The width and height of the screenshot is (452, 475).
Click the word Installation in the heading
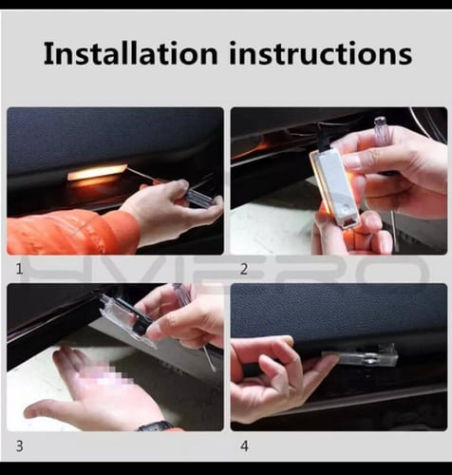(x=130, y=53)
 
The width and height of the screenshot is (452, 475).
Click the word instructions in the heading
(x=321, y=53)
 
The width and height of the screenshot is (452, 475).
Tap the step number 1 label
(x=19, y=269)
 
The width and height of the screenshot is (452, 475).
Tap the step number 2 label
(x=244, y=269)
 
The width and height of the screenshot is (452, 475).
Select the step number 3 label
(x=19, y=446)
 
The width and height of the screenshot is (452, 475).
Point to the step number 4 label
(x=244, y=446)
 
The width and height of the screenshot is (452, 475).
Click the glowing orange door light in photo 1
(x=97, y=172)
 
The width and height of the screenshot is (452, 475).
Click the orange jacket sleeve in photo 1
(x=73, y=231)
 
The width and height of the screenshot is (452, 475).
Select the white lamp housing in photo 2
(x=335, y=187)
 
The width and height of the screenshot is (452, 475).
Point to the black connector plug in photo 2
(x=326, y=137)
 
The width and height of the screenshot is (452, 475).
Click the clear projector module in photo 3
(x=125, y=316)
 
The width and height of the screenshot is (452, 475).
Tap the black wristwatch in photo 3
(x=155, y=426)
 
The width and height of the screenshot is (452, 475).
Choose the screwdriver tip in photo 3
(x=214, y=368)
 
